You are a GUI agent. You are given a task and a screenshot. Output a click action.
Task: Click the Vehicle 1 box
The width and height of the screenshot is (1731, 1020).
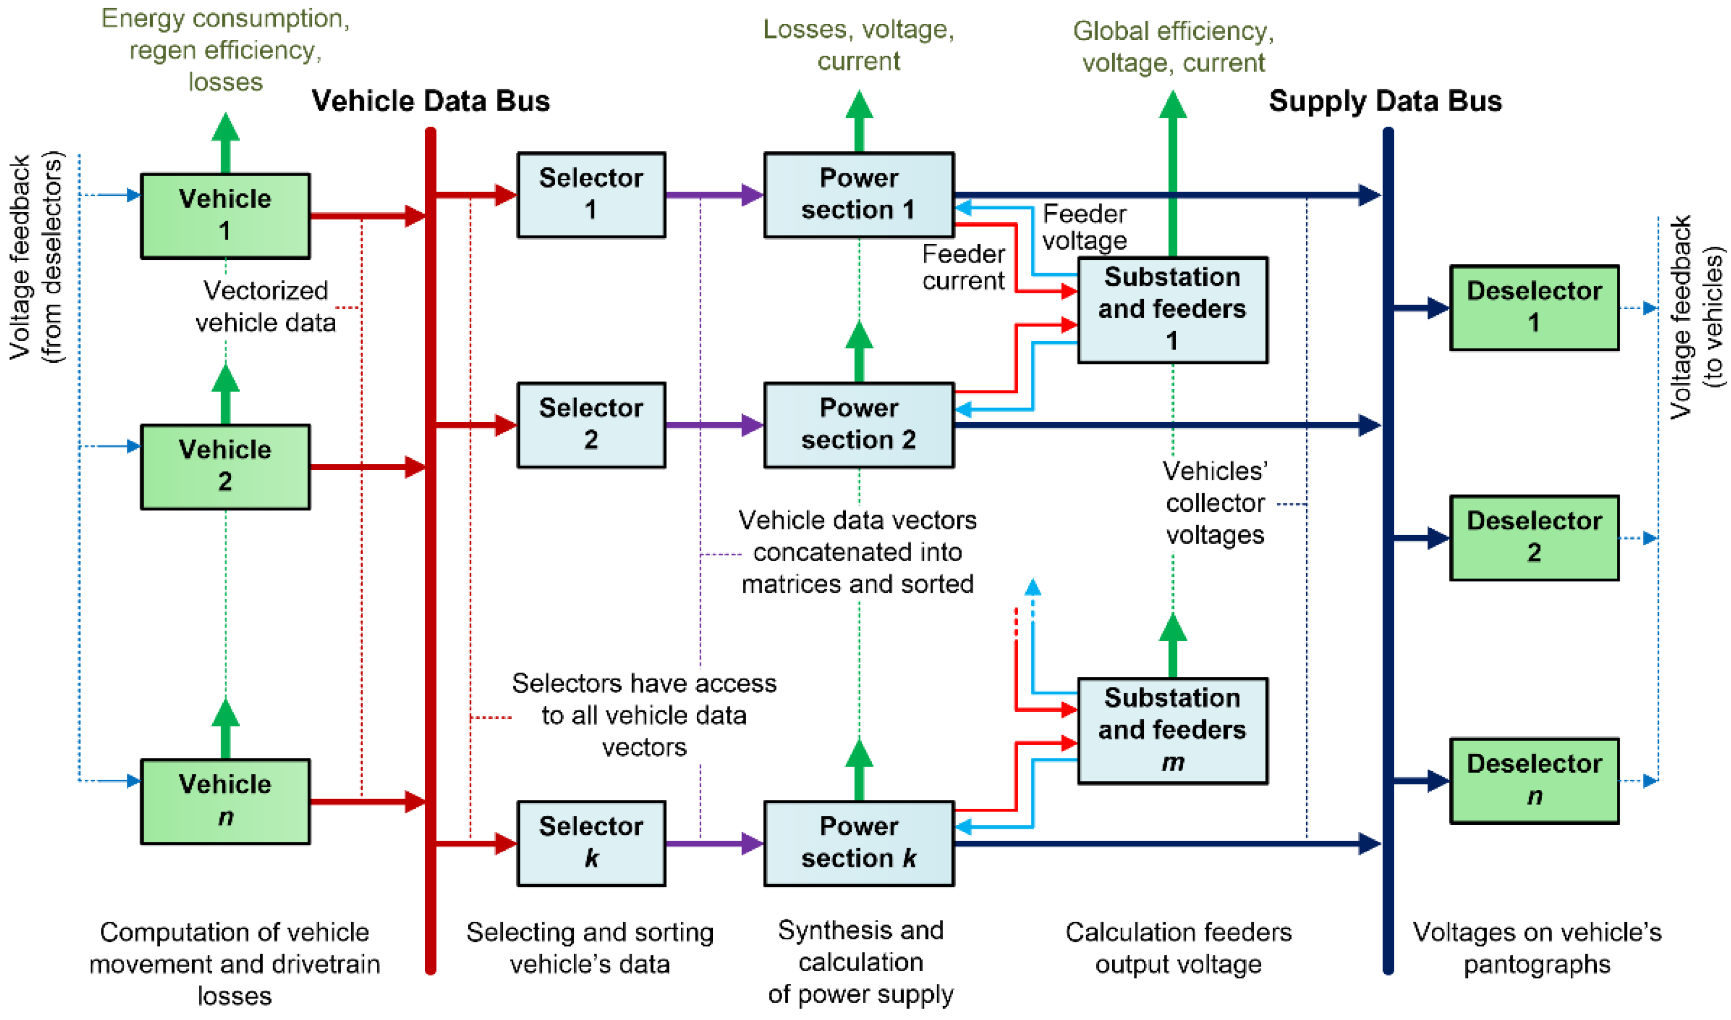pyautogui.click(x=225, y=216)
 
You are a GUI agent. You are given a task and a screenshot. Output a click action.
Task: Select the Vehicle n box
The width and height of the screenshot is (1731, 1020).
pyautogui.click(x=225, y=801)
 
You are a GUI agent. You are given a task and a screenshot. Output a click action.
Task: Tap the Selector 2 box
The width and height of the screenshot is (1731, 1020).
pyautogui.click(x=591, y=425)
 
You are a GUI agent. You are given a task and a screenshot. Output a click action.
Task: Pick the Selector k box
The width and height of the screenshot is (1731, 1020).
pyautogui.click(x=591, y=843)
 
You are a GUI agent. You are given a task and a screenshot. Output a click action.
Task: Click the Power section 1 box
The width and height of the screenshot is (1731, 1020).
pyautogui.click(x=859, y=195)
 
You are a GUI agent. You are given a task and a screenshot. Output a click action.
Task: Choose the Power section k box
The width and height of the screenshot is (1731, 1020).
pyautogui.click(x=859, y=843)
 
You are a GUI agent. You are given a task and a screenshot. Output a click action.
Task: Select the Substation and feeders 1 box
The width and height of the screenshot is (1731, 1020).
pyautogui.click(x=1173, y=310)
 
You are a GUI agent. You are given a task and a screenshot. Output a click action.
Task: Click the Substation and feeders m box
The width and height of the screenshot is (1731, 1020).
pyautogui.click(x=1173, y=730)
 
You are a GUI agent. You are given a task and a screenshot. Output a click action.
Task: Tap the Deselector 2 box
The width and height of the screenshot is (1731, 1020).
pyautogui.click(x=1534, y=537)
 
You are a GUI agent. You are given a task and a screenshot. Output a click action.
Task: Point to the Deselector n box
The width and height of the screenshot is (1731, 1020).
pyautogui.click(x=1534, y=780)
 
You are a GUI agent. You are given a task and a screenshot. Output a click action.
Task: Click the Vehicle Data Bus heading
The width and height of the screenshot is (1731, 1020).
pyautogui.click(x=431, y=101)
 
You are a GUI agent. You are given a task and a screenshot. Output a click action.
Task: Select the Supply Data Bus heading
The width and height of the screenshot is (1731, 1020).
pyautogui.click(x=1385, y=101)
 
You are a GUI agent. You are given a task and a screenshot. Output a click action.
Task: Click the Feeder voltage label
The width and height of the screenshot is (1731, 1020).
pyautogui.click(x=1085, y=227)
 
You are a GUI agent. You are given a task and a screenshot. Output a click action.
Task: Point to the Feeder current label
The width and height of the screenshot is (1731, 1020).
pyautogui.click(x=964, y=267)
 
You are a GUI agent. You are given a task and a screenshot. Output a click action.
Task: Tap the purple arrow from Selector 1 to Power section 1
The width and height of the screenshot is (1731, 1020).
pyautogui.click(x=715, y=195)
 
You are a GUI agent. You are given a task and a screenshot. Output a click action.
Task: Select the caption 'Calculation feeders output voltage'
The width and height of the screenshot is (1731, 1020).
pyautogui.click(x=1178, y=948)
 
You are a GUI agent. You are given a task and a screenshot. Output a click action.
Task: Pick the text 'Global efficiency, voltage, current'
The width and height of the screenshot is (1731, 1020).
pyautogui.click(x=1173, y=47)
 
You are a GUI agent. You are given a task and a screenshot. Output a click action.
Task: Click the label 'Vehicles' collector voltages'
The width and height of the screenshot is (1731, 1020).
pyautogui.click(x=1215, y=502)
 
